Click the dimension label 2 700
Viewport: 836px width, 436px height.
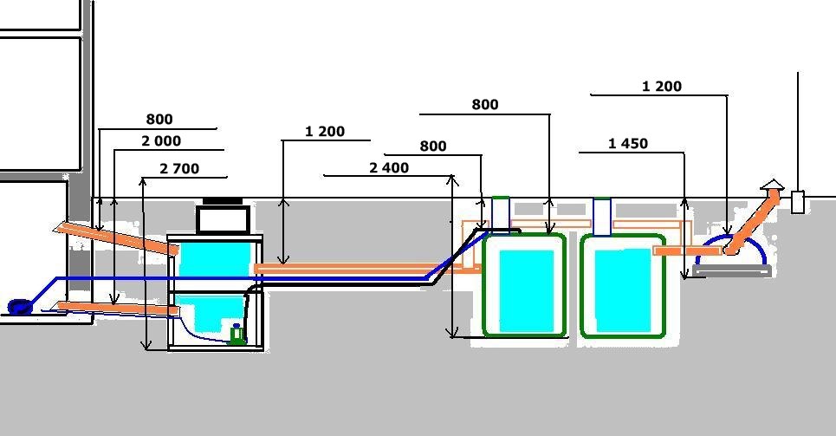click(x=179, y=169)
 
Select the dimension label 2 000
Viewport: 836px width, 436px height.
click(x=161, y=141)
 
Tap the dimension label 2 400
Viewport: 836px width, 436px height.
click(x=389, y=167)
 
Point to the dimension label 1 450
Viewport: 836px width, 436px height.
click(x=628, y=144)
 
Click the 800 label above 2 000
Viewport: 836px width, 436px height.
click(x=159, y=119)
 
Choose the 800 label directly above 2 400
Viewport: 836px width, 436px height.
click(x=433, y=146)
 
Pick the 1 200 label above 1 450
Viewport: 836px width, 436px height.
click(x=662, y=86)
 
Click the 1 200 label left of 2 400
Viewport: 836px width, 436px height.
click(x=325, y=131)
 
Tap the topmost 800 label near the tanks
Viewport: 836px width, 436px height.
click(x=485, y=104)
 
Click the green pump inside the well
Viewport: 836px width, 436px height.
click(x=237, y=334)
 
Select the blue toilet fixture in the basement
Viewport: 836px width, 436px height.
click(x=19, y=307)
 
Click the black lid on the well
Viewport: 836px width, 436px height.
click(x=223, y=201)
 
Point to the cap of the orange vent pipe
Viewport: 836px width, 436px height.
click(x=772, y=185)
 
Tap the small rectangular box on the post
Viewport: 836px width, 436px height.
click(x=798, y=202)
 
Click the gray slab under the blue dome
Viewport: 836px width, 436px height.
click(x=733, y=271)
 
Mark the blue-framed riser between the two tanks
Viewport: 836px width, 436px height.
click(x=602, y=217)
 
